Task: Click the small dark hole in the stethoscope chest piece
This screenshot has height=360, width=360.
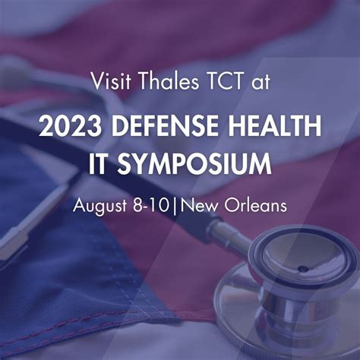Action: pos(304,268)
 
